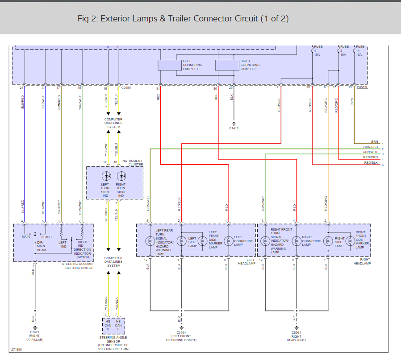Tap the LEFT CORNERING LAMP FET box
[x=170, y=65]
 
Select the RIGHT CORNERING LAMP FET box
[x=227, y=65]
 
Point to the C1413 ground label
[x=234, y=128]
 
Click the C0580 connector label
[x=126, y=88]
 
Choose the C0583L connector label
[x=362, y=88]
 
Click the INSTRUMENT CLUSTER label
[x=132, y=162]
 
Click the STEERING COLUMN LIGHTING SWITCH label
[x=77, y=266]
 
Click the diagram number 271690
[x=17, y=349]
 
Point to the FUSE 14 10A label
[x=359, y=50]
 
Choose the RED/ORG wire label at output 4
[x=371, y=157]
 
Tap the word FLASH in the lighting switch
[x=46, y=237]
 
